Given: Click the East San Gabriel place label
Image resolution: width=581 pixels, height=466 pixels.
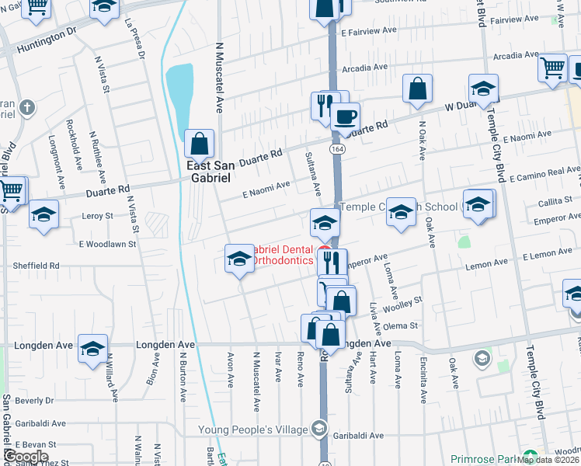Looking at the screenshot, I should coord(207,171).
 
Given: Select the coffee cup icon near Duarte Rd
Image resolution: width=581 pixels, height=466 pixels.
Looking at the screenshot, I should coord(345,118).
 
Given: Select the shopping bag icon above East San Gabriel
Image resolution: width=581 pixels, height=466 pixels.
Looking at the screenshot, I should coord(200,143).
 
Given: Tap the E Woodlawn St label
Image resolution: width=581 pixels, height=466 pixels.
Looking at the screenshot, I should coord(108,244).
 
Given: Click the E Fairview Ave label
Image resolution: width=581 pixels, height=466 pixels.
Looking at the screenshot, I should coord(370,32).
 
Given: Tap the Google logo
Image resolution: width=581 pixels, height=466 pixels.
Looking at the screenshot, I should coord(25,457).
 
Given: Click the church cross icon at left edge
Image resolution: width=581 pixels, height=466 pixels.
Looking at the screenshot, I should coord(26,107).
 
